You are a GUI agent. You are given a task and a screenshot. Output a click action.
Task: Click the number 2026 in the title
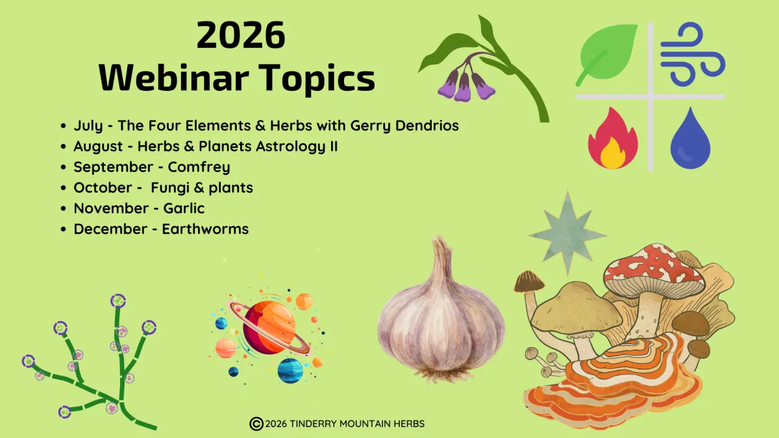(241, 35)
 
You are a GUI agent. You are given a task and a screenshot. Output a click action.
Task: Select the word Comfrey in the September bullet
(199, 167)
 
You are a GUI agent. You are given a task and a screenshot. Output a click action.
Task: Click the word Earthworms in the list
(205, 228)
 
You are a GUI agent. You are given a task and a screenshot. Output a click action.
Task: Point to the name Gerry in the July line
(371, 126)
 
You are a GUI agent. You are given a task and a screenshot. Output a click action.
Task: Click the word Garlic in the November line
(184, 208)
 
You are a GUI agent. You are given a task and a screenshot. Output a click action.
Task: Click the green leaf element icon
(607, 55)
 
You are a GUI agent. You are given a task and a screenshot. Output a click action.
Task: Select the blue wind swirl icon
(693, 54)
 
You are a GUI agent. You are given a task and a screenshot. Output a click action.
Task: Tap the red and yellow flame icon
(613, 138)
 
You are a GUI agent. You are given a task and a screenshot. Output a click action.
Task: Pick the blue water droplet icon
(690, 138)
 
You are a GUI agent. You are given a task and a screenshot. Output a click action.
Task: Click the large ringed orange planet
(269, 327)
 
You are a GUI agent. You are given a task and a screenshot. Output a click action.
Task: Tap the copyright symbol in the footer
(256, 424)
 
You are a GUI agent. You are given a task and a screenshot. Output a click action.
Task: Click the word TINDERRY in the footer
(313, 424)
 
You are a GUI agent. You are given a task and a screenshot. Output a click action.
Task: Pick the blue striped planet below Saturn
(290, 371)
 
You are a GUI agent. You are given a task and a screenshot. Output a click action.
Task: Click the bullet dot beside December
(63, 229)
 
